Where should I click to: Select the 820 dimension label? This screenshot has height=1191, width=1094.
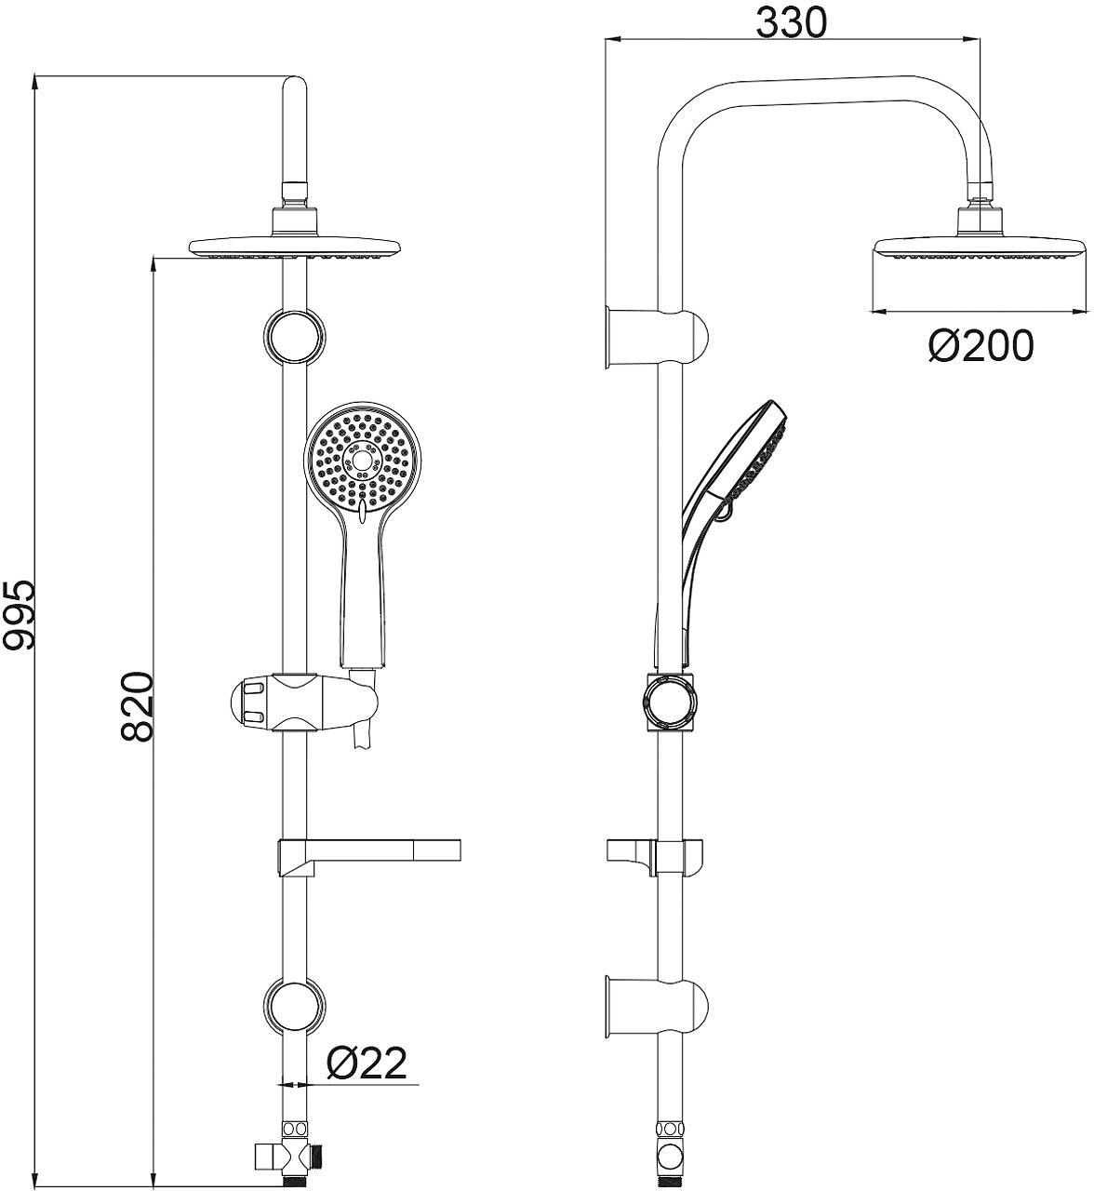[137, 706]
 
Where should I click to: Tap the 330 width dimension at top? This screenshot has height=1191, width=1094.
[792, 23]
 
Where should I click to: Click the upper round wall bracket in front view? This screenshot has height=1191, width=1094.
[294, 337]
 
